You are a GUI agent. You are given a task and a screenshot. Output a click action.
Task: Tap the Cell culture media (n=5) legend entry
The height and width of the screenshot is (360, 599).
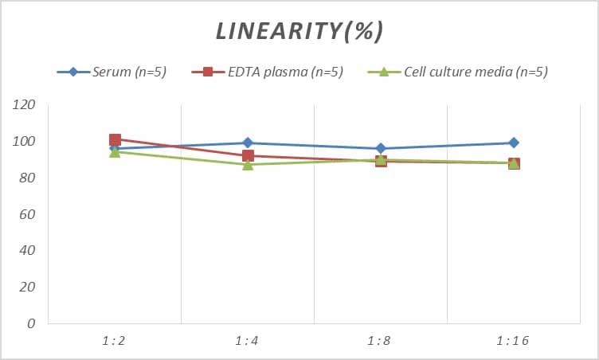[475, 72]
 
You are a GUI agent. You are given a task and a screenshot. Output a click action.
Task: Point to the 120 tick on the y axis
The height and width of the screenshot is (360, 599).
[24, 105]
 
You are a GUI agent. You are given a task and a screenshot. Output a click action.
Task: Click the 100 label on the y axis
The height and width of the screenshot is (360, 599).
[24, 142]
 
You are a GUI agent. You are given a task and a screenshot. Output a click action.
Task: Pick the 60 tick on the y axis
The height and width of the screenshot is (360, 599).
[27, 214]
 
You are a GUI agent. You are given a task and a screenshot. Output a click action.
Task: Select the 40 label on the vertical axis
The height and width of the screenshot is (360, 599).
[27, 251]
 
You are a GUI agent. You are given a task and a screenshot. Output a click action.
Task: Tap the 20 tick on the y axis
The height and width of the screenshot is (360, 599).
[27, 287]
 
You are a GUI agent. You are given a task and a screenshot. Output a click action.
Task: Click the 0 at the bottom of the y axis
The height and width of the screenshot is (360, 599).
[31, 323]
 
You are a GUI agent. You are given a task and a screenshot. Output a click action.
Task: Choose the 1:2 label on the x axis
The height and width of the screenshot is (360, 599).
[114, 341]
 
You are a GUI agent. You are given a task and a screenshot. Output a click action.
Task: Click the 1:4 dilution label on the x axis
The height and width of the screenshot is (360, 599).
[247, 341]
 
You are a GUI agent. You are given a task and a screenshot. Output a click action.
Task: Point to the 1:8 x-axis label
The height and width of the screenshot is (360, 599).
[381, 341]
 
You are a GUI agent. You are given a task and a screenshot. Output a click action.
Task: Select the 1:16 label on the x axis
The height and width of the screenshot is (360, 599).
[514, 341]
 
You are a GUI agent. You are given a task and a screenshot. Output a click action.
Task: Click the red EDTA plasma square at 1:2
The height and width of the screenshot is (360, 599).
[115, 140]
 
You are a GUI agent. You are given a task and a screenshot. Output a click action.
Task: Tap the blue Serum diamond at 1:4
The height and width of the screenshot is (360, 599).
[248, 143]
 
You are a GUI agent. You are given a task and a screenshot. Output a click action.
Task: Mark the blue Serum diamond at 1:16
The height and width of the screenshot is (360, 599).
[514, 143]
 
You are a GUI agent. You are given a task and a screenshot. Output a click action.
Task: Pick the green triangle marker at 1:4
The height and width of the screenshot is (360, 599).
[248, 164]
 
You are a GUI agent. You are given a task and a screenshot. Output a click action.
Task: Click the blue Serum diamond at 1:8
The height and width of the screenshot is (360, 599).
[381, 149]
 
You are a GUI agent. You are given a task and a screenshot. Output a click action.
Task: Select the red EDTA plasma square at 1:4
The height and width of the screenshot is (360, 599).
[248, 156]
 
